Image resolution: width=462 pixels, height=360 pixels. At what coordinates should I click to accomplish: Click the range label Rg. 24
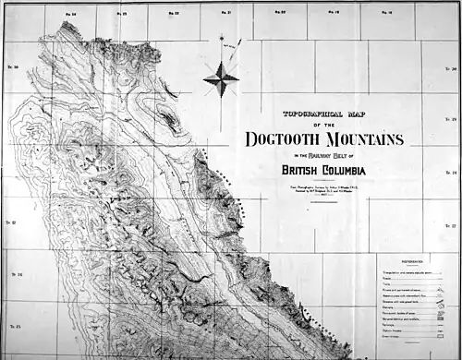[x=71, y=14]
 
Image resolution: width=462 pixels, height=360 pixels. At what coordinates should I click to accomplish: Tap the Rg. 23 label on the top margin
[x=122, y=14]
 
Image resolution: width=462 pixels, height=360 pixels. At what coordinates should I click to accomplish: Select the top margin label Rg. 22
[x=174, y=14]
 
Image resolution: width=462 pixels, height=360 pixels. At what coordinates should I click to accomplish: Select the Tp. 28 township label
[x=453, y=172]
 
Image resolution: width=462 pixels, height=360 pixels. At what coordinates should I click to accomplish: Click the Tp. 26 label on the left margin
[x=15, y=274]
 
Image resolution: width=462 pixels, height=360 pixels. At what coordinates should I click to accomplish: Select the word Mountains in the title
[x=362, y=139]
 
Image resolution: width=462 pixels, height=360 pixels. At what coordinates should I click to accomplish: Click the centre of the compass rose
[x=221, y=78]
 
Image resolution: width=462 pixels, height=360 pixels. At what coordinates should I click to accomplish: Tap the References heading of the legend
[x=413, y=261]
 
